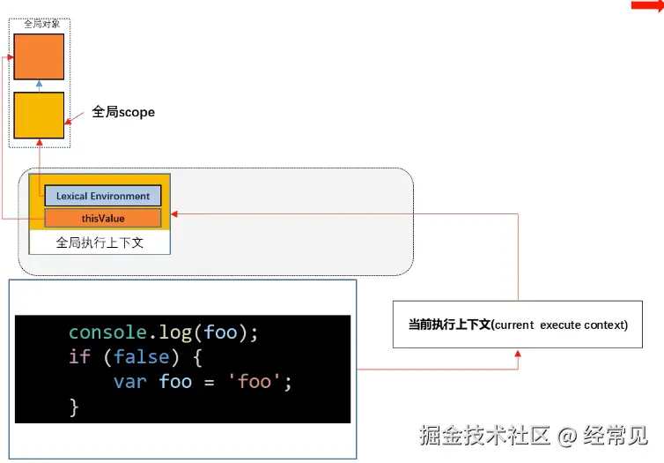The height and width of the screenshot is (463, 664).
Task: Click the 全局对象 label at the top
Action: coord(41,24)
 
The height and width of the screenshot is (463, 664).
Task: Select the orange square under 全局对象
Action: coord(39,56)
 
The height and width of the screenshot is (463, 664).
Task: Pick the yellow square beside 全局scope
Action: coord(39,115)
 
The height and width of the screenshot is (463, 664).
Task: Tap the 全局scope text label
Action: coord(123,113)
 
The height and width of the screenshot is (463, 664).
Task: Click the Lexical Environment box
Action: coord(103,196)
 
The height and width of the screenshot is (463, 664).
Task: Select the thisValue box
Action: coord(103,218)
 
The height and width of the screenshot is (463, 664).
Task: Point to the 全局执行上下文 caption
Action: coord(100,243)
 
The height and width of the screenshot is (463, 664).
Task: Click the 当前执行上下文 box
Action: coord(518,325)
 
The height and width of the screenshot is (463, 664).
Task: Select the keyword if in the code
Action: coord(79,357)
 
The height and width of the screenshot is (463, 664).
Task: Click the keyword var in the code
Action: coord(129,382)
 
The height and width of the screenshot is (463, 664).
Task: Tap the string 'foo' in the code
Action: coord(262,382)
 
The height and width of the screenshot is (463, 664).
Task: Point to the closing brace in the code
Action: coord(74,407)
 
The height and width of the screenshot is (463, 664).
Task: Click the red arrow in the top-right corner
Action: coord(646,6)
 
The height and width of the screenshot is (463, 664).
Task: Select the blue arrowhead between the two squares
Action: coord(39,83)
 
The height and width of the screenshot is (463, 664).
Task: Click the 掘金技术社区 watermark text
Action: coord(485,435)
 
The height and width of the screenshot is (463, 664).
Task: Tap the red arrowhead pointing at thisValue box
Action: coord(174,213)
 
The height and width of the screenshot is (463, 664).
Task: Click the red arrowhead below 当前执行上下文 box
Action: coord(518,353)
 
